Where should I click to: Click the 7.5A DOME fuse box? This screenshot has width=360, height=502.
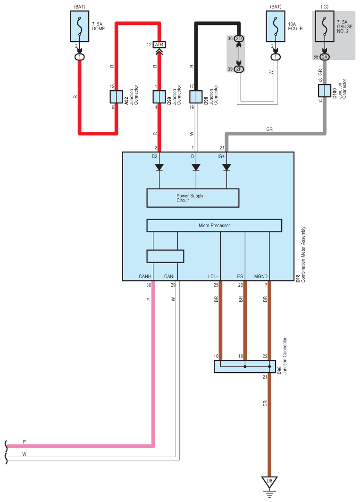click(80, 26)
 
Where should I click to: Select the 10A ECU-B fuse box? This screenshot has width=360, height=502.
click(276, 26)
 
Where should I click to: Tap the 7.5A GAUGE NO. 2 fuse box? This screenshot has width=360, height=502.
click(325, 26)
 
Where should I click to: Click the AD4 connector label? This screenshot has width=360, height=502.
click(159, 44)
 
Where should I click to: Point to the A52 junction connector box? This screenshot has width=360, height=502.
click(117, 97)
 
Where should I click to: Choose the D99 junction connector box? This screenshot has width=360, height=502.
click(159, 97)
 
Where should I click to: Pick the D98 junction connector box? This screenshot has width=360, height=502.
click(196, 97)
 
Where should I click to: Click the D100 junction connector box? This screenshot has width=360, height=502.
click(325, 91)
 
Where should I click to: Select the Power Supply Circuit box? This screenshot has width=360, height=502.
click(193, 198)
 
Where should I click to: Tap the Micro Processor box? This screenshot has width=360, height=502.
click(214, 225)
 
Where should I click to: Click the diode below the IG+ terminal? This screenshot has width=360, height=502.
click(226, 168)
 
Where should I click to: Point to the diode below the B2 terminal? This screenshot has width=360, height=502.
click(159, 168)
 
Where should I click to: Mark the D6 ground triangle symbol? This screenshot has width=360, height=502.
click(269, 482)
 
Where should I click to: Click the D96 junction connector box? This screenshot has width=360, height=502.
click(245, 366)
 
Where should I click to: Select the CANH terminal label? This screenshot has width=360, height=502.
click(145, 276)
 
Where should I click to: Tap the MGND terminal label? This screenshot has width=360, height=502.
click(261, 276)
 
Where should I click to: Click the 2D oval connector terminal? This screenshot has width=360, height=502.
click(239, 38)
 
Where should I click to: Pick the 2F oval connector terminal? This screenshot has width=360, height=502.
click(239, 69)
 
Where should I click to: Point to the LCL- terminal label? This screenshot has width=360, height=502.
click(213, 276)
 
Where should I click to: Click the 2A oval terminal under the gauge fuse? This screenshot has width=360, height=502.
click(325, 57)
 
